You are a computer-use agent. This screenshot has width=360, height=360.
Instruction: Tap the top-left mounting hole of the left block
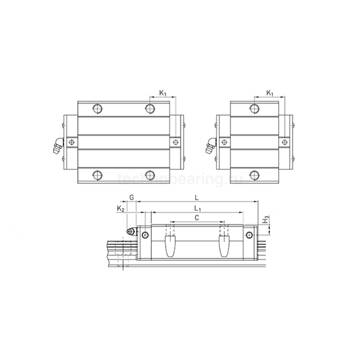[98, 108]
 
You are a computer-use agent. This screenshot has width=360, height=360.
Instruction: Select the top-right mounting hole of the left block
[150, 108]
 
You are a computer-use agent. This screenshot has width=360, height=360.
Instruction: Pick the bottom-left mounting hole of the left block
[98, 174]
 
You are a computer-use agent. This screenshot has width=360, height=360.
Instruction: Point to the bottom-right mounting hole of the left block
[150, 174]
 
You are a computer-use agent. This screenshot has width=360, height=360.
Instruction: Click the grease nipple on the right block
[210, 146]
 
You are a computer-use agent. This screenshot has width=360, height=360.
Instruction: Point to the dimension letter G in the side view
[132, 196]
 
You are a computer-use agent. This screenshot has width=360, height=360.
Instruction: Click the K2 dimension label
[120, 207]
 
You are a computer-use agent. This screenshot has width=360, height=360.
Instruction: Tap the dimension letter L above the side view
[197, 196]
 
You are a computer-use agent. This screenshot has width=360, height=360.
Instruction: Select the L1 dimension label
[197, 207]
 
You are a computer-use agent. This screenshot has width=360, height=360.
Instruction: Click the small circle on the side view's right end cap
[249, 234]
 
